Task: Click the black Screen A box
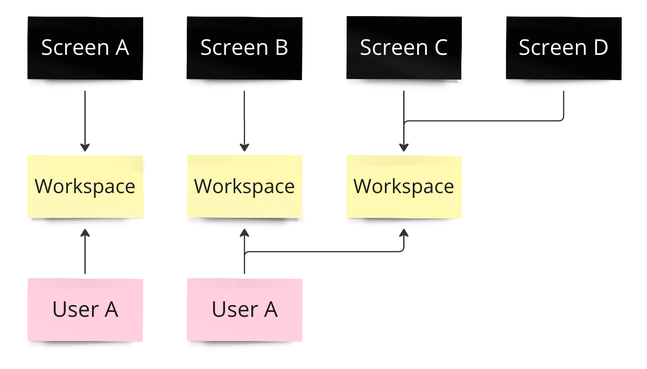(85, 48)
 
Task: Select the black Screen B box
(244, 48)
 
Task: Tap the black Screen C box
(404, 48)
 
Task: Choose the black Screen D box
(564, 48)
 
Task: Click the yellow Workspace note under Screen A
(85, 186)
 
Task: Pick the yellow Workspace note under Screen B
(244, 186)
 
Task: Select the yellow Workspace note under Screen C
(404, 186)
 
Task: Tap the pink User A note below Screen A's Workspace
(85, 309)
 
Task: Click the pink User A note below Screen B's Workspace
(244, 309)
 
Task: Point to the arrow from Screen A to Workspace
(85, 118)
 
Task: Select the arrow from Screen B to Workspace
(244, 118)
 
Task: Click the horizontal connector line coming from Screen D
(484, 121)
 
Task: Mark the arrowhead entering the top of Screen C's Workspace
(404, 148)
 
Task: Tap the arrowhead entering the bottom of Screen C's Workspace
(404, 233)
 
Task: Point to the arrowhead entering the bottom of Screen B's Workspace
(244, 233)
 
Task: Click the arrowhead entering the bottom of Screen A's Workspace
(85, 233)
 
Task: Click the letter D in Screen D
(600, 48)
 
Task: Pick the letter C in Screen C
(440, 48)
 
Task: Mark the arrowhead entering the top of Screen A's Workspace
(85, 148)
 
